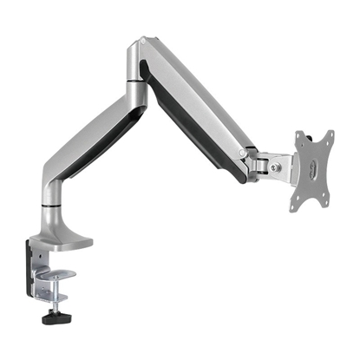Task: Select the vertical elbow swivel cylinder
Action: tap(135, 92)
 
